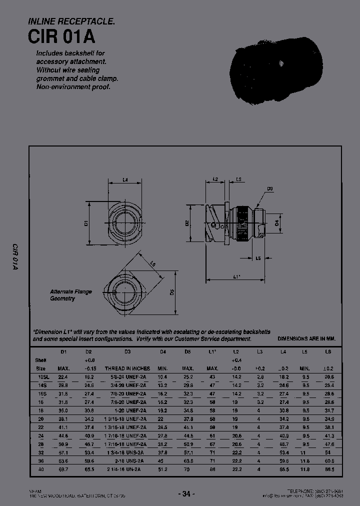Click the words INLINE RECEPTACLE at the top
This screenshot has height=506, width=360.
click(72, 21)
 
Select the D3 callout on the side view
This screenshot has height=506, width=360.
click(269, 188)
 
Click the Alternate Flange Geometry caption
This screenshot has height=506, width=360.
click(70, 295)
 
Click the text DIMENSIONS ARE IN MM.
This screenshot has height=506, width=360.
click(306, 338)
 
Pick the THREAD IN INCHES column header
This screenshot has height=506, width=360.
click(127, 368)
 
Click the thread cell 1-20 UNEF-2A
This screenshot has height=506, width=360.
click(127, 410)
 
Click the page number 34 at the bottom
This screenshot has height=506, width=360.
click(185, 494)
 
